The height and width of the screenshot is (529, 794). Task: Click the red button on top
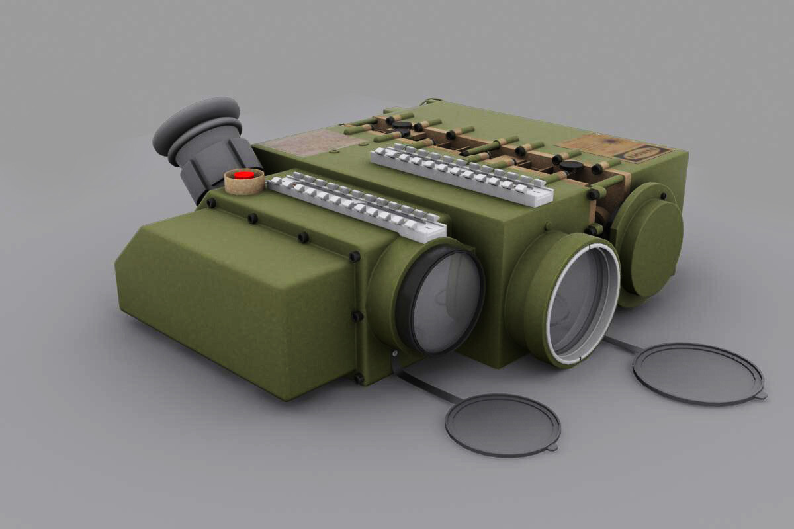click(x=244, y=175)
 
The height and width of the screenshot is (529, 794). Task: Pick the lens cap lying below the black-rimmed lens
click(x=503, y=425)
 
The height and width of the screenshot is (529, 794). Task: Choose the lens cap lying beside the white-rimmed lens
click(x=697, y=374)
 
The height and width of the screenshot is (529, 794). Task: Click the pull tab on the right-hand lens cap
click(x=761, y=395)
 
